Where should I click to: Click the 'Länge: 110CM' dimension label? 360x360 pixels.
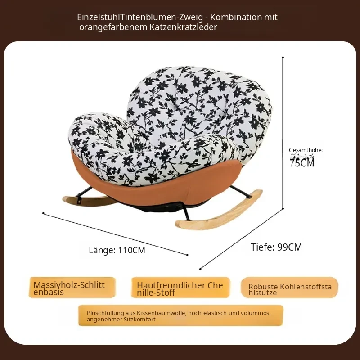point(117,250)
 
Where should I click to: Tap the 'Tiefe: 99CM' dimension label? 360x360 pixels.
point(276,247)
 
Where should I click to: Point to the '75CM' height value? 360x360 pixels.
point(301,163)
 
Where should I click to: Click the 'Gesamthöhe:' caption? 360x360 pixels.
point(306,150)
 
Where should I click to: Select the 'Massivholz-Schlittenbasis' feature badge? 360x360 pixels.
point(72,288)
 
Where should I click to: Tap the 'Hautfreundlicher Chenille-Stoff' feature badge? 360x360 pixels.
point(180,288)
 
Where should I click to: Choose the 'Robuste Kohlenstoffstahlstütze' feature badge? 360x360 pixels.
point(289,288)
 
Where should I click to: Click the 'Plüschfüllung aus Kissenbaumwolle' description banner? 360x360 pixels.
point(181,315)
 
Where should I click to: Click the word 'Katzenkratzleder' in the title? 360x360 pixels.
point(183,27)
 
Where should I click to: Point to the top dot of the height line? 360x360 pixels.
point(283,58)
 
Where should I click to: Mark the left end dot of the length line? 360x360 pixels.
point(43,213)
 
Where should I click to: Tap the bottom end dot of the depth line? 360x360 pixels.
point(200,269)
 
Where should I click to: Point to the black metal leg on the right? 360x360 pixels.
point(241,192)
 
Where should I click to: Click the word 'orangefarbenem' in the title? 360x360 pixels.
point(113,27)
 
